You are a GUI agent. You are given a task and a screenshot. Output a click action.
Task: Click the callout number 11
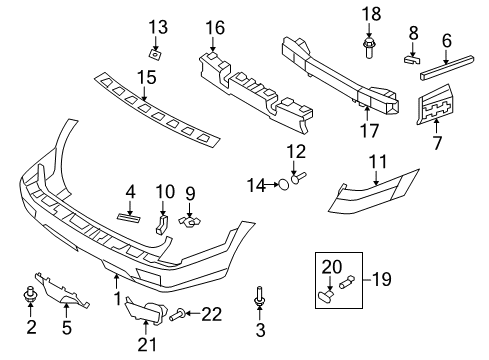coord(377,162)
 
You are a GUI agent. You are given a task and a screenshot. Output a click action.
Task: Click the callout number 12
coord(297,151)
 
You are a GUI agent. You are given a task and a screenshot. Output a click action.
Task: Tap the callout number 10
coord(165,191)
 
